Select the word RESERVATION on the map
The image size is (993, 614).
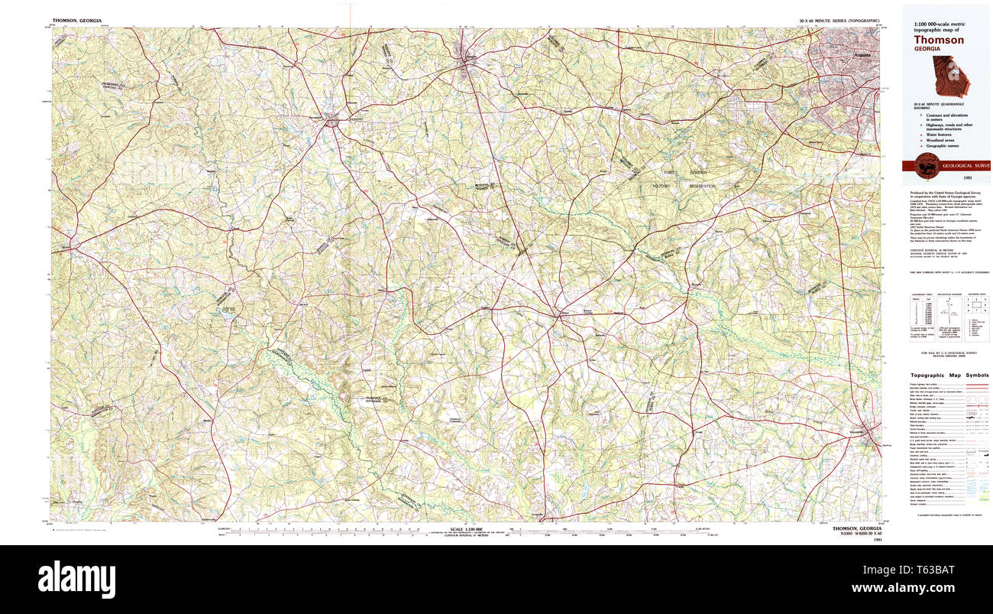coord(700,186)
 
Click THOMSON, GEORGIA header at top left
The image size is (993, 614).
coord(76,20)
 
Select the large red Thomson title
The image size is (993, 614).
coord(939,40)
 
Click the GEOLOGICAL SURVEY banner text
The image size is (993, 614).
coord(966,165)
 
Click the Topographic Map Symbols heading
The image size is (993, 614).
coord(949,375)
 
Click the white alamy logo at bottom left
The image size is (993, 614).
coord(76,579)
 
